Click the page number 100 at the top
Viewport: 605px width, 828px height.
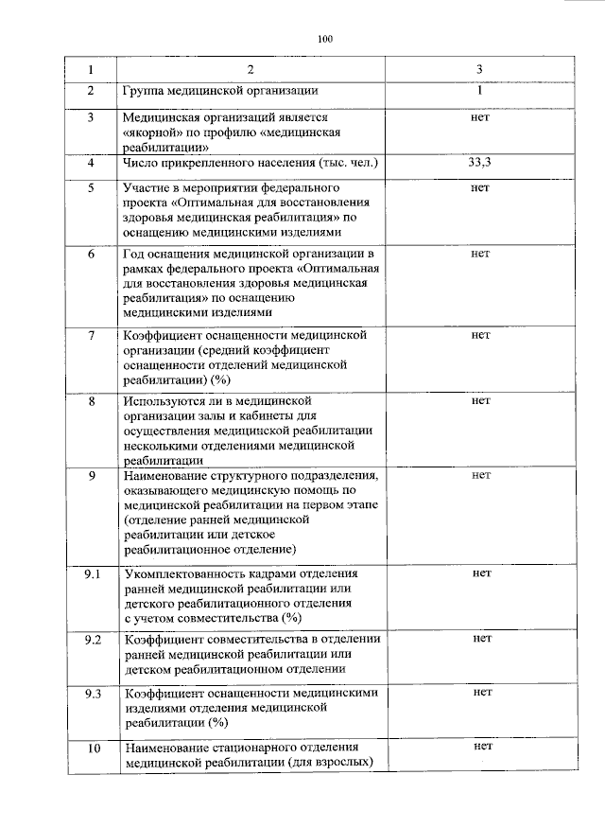(x=325, y=39)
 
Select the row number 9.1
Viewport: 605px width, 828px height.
(x=93, y=574)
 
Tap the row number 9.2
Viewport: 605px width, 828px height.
(x=93, y=641)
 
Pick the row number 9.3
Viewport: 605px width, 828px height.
(x=93, y=693)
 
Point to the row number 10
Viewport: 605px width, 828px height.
(x=93, y=749)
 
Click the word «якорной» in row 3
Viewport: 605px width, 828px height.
(x=154, y=133)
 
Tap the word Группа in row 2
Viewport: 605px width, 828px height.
(x=148, y=92)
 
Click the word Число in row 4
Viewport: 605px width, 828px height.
(x=143, y=164)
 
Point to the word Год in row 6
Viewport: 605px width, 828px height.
(x=135, y=255)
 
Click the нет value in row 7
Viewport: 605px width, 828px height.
(x=480, y=335)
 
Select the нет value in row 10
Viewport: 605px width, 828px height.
(x=480, y=748)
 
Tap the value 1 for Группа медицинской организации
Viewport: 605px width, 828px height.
(x=480, y=92)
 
